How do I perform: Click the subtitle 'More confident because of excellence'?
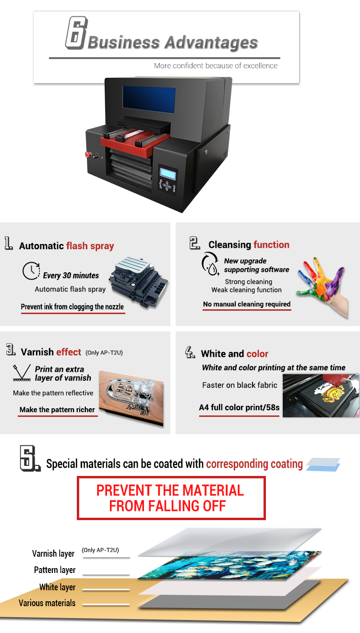[216, 66]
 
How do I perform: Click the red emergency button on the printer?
[87, 154]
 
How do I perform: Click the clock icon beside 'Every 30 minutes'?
[31, 271]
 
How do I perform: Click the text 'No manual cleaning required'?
[247, 304]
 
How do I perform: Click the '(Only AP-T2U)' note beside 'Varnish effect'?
[104, 353]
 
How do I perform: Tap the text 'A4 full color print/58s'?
[239, 407]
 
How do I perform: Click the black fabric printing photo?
[321, 395]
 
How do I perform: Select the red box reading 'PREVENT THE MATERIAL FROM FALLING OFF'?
[171, 498]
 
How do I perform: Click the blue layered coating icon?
[323, 464]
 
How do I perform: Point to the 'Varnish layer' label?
[53, 553]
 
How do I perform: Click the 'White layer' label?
[57, 587]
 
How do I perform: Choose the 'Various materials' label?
[47, 603]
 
